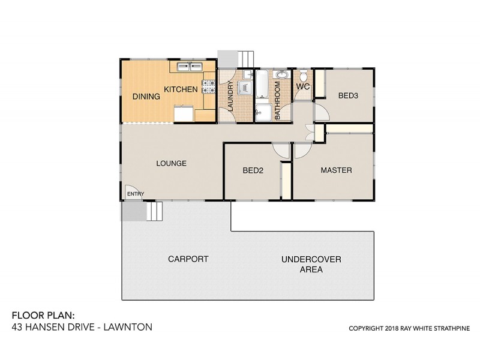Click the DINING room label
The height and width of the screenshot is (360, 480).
click(x=146, y=96)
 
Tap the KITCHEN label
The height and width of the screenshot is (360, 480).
click(x=181, y=89)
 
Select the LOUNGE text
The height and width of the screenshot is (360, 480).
click(x=171, y=163)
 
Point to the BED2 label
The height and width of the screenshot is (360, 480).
click(x=253, y=170)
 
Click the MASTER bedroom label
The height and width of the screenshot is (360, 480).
click(x=336, y=170)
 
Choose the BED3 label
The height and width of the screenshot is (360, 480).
click(x=348, y=95)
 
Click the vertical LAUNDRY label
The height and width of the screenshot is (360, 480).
click(x=229, y=96)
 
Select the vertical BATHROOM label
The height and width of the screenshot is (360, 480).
click(x=277, y=101)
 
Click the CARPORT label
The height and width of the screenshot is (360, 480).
click(x=188, y=259)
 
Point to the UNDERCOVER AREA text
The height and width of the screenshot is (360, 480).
click(x=311, y=265)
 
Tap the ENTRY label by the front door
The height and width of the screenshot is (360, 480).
click(x=136, y=194)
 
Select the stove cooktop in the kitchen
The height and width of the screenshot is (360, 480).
click(x=209, y=87)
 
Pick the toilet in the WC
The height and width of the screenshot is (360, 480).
click(x=304, y=76)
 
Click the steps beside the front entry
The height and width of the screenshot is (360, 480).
click(x=154, y=211)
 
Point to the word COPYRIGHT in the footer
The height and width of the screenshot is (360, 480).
click(x=368, y=329)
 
